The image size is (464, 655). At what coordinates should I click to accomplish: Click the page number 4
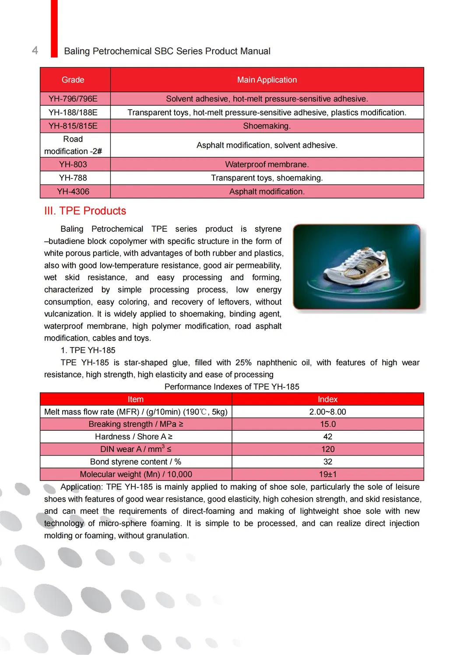[35, 50]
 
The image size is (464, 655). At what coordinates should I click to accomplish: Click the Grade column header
[73, 80]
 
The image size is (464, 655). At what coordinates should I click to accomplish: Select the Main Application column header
[267, 80]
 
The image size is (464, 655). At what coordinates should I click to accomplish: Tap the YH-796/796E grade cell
[73, 99]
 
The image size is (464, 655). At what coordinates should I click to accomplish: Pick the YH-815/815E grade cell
[73, 126]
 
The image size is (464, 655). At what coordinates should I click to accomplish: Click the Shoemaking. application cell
[267, 126]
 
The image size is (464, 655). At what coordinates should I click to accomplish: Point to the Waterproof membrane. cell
[267, 164]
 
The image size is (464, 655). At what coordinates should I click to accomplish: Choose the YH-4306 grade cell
[73, 192]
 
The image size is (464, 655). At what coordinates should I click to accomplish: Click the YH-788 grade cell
[73, 178]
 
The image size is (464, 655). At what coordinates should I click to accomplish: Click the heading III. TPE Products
[85, 211]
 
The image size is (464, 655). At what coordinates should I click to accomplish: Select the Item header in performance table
[135, 399]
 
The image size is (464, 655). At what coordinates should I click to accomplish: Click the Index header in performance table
[327, 399]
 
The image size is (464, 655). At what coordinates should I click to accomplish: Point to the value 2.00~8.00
[327, 412]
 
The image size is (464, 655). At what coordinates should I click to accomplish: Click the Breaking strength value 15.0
[327, 424]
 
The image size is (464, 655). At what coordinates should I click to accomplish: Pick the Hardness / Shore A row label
[134, 437]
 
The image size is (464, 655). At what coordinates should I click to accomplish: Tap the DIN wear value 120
[327, 449]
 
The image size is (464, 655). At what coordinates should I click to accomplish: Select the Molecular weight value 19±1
[327, 474]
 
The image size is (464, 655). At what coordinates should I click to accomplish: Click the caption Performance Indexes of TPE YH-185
[232, 387]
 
